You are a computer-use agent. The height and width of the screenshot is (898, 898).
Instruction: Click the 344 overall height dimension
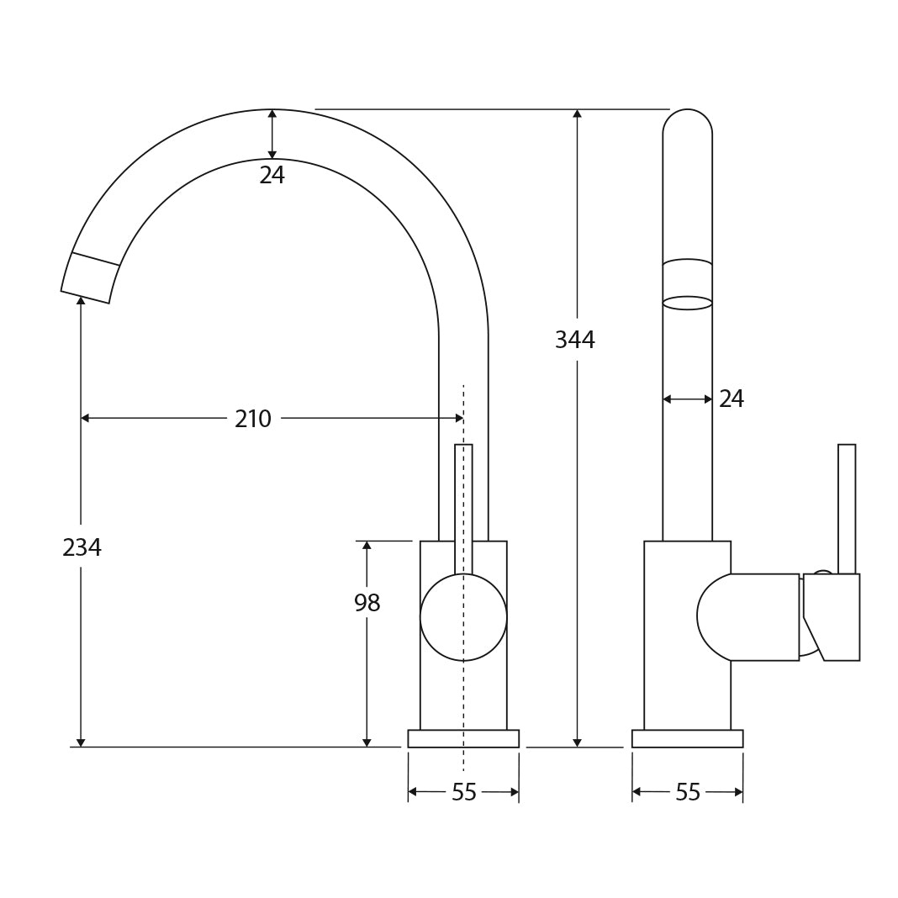574,341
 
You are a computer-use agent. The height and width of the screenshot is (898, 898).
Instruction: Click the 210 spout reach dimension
252,419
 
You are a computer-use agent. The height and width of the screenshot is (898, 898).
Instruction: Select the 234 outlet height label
82,548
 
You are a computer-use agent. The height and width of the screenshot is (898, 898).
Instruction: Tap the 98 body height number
367,604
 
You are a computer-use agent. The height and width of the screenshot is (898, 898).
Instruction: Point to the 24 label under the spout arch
272,176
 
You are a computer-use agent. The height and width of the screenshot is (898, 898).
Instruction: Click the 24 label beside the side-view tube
731,399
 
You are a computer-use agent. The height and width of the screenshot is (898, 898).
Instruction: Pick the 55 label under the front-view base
463,793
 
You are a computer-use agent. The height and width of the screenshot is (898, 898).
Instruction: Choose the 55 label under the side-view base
687,793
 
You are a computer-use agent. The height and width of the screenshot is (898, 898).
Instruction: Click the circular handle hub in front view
463,617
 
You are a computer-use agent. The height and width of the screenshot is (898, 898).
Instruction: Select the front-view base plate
463,738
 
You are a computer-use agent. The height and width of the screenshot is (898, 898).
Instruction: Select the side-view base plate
687,738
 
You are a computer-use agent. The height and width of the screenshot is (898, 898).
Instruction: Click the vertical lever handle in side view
846,509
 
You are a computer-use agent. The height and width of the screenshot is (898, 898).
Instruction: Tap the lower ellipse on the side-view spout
687,303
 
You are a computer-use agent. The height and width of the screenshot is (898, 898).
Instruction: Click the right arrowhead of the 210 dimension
459,418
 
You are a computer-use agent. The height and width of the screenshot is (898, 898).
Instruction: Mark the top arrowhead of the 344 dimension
577,114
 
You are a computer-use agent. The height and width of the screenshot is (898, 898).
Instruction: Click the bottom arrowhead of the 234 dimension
81,742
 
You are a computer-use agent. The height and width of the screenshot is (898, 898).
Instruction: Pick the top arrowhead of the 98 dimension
367,546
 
